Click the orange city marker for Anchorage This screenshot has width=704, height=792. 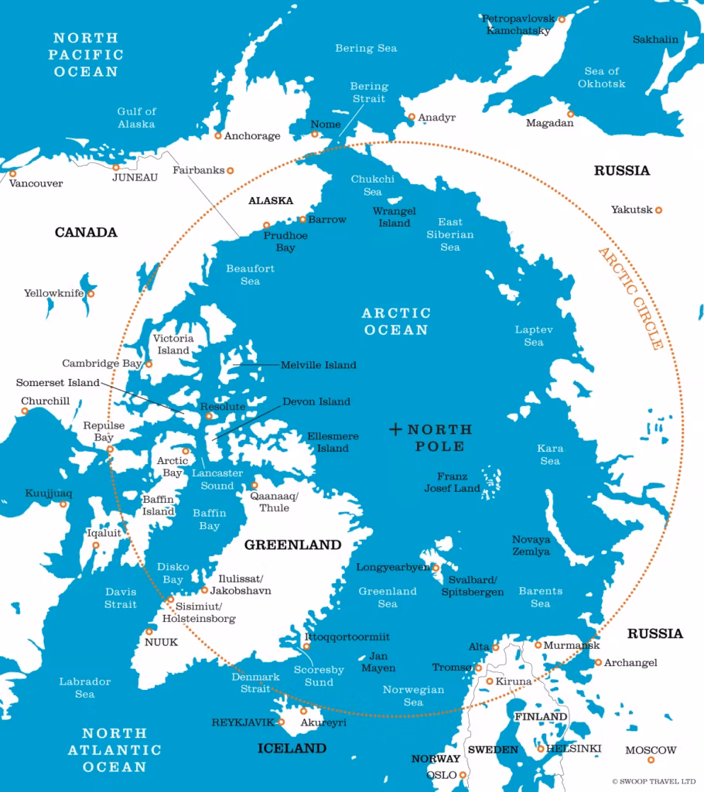[x=218, y=135]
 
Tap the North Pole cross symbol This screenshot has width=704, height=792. [x=395, y=428]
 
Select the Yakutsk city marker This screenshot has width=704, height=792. [x=659, y=210]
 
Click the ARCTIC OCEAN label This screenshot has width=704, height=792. [x=395, y=322]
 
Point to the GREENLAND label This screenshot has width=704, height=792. [x=292, y=544]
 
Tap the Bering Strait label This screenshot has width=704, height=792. [x=369, y=93]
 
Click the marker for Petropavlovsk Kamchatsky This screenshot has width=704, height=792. [x=562, y=19]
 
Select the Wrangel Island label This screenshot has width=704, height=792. [x=395, y=217]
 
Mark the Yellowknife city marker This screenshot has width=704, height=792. [x=91, y=294]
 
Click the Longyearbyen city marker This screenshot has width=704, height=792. [x=436, y=568]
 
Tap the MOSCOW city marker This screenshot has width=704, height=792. [x=651, y=760]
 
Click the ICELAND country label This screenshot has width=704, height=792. [x=292, y=749]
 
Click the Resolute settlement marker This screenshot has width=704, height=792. [x=208, y=416]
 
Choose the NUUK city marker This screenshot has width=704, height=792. [x=149, y=631]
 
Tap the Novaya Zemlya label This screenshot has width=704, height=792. [x=531, y=546]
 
